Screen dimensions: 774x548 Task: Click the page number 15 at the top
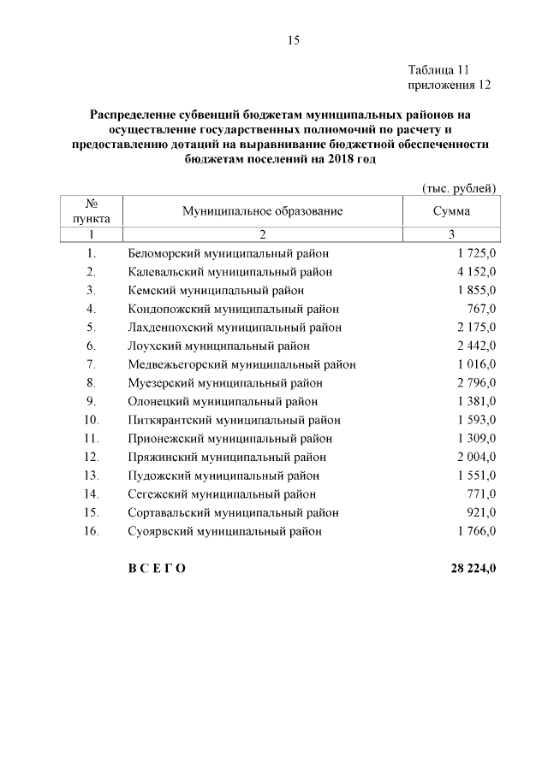(292, 40)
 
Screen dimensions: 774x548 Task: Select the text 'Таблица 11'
(439, 69)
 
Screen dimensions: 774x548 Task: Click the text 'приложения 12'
(449, 85)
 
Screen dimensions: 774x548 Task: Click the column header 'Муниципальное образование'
(262, 210)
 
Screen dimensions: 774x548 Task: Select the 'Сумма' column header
(450, 210)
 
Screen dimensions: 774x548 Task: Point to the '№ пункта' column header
(91, 210)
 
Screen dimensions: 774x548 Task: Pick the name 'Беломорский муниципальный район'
(229, 253)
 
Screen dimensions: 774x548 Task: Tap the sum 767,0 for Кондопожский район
(480, 309)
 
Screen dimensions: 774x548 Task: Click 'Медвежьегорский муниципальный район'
(242, 364)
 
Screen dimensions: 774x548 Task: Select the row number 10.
(92, 420)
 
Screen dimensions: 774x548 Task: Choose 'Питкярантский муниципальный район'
(234, 420)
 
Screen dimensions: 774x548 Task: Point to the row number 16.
(92, 531)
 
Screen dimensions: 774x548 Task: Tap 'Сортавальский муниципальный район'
(233, 512)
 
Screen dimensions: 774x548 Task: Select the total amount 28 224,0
(468, 569)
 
